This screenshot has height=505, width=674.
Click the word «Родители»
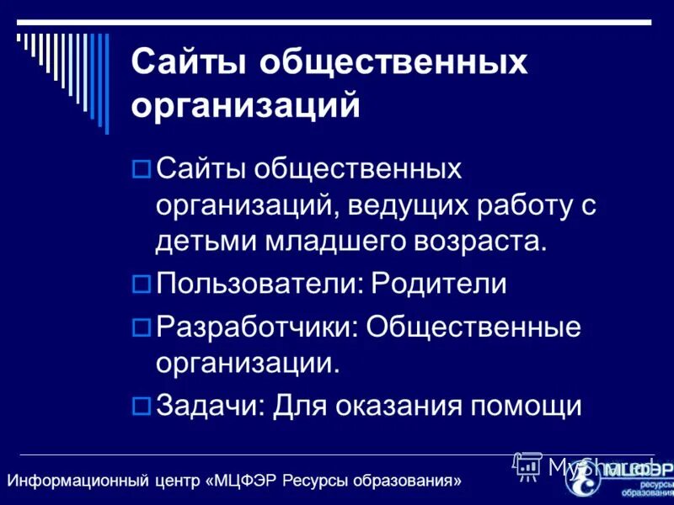[x=439, y=284]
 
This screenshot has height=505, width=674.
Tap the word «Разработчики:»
[x=257, y=326]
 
